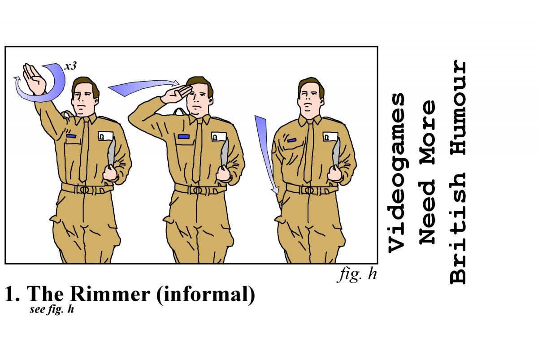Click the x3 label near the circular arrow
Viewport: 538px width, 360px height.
[x=70, y=66]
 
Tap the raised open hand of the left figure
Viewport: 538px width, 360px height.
[x=34, y=79]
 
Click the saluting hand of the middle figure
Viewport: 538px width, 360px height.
[x=176, y=94]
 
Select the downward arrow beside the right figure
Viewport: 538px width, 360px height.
[x=267, y=154]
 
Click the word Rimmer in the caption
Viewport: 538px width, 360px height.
[x=110, y=294]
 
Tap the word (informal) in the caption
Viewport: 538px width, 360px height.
[x=206, y=295]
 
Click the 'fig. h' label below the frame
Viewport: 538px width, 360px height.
[x=357, y=275]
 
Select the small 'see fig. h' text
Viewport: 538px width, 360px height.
[x=52, y=309]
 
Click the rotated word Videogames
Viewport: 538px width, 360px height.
[x=396, y=173]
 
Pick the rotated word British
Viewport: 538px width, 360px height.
[x=458, y=229]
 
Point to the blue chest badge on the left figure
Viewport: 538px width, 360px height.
[x=71, y=136]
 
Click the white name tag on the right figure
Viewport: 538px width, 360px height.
[x=330, y=137]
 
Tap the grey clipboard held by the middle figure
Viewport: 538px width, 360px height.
[x=225, y=154]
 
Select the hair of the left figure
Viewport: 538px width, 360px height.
[x=85, y=87]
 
